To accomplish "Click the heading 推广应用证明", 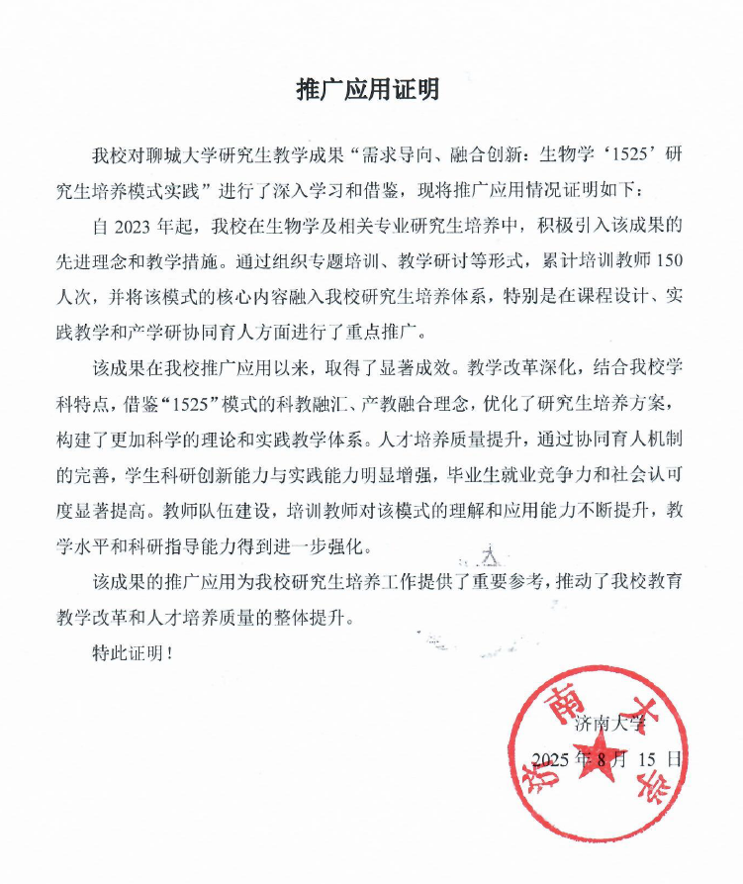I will click(x=368, y=90).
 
